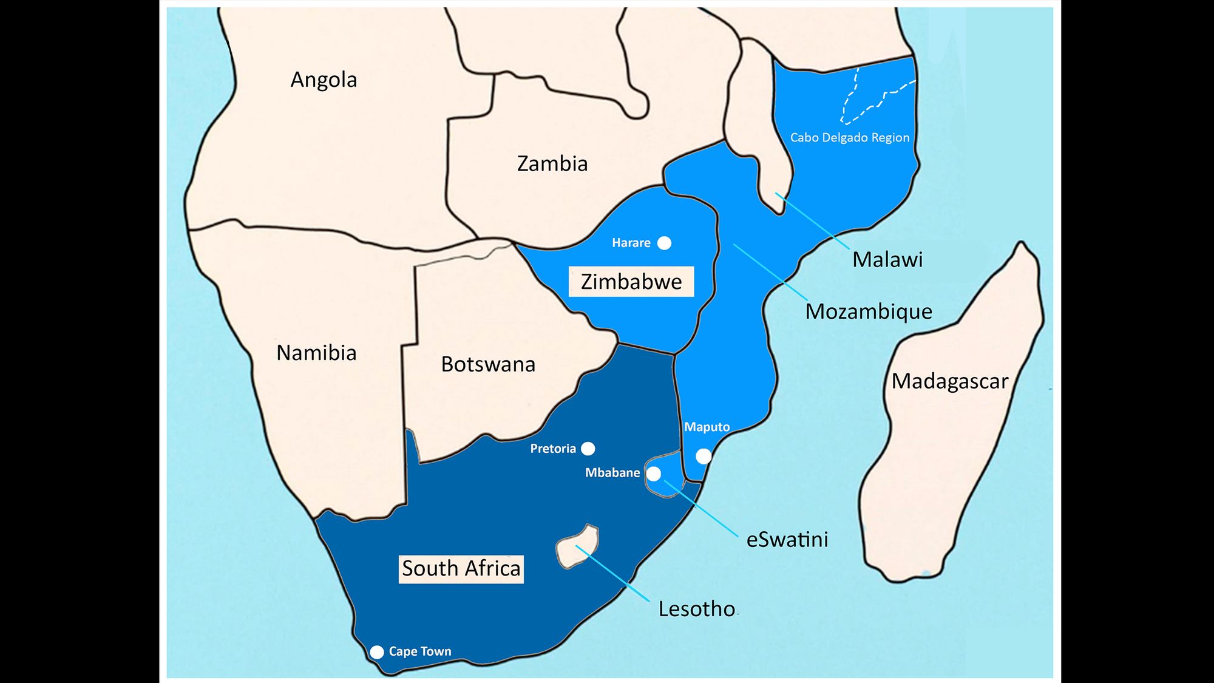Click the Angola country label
[x=324, y=80]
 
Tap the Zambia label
[x=552, y=164]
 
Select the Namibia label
[x=316, y=353]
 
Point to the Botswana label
[x=488, y=364]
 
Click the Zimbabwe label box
[x=631, y=282]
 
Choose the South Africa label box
[x=461, y=569]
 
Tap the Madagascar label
[x=949, y=381]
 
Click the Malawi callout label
[x=887, y=260]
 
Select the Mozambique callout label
[x=868, y=311]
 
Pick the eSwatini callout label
[x=787, y=540]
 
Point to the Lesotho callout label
[x=696, y=609]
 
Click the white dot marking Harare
[x=665, y=243]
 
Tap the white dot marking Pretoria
[x=588, y=449]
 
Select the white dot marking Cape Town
[x=377, y=652]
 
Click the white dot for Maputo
[x=703, y=456]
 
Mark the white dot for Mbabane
[x=654, y=474]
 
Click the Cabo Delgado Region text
[x=849, y=138]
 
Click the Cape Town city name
[x=420, y=651]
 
